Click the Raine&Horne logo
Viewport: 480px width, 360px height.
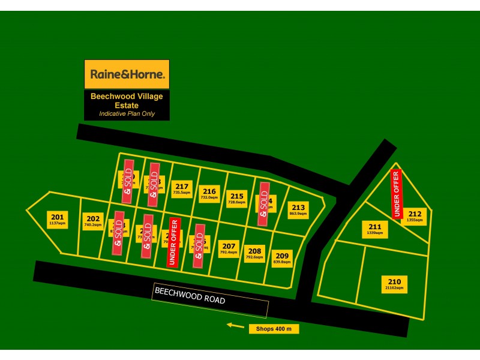(127, 74)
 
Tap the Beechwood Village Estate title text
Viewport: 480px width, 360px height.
(127, 100)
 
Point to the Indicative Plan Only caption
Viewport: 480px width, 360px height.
(127, 113)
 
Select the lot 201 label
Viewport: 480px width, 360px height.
(57, 220)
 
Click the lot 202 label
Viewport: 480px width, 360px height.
(93, 221)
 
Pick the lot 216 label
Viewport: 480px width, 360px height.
(208, 193)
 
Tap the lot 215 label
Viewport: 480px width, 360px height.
(237, 199)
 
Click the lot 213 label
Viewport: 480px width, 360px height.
(298, 210)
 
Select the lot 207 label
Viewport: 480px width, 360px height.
(229, 248)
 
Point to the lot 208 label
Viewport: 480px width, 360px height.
(255, 253)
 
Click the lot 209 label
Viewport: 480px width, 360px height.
(282, 258)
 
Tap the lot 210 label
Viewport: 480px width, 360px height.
(394, 284)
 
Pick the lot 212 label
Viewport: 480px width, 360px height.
(415, 216)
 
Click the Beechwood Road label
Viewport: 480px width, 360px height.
(190, 295)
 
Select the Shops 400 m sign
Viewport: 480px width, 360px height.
(274, 329)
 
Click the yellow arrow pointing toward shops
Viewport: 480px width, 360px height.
(236, 326)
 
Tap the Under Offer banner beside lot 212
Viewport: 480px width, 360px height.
(396, 194)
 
